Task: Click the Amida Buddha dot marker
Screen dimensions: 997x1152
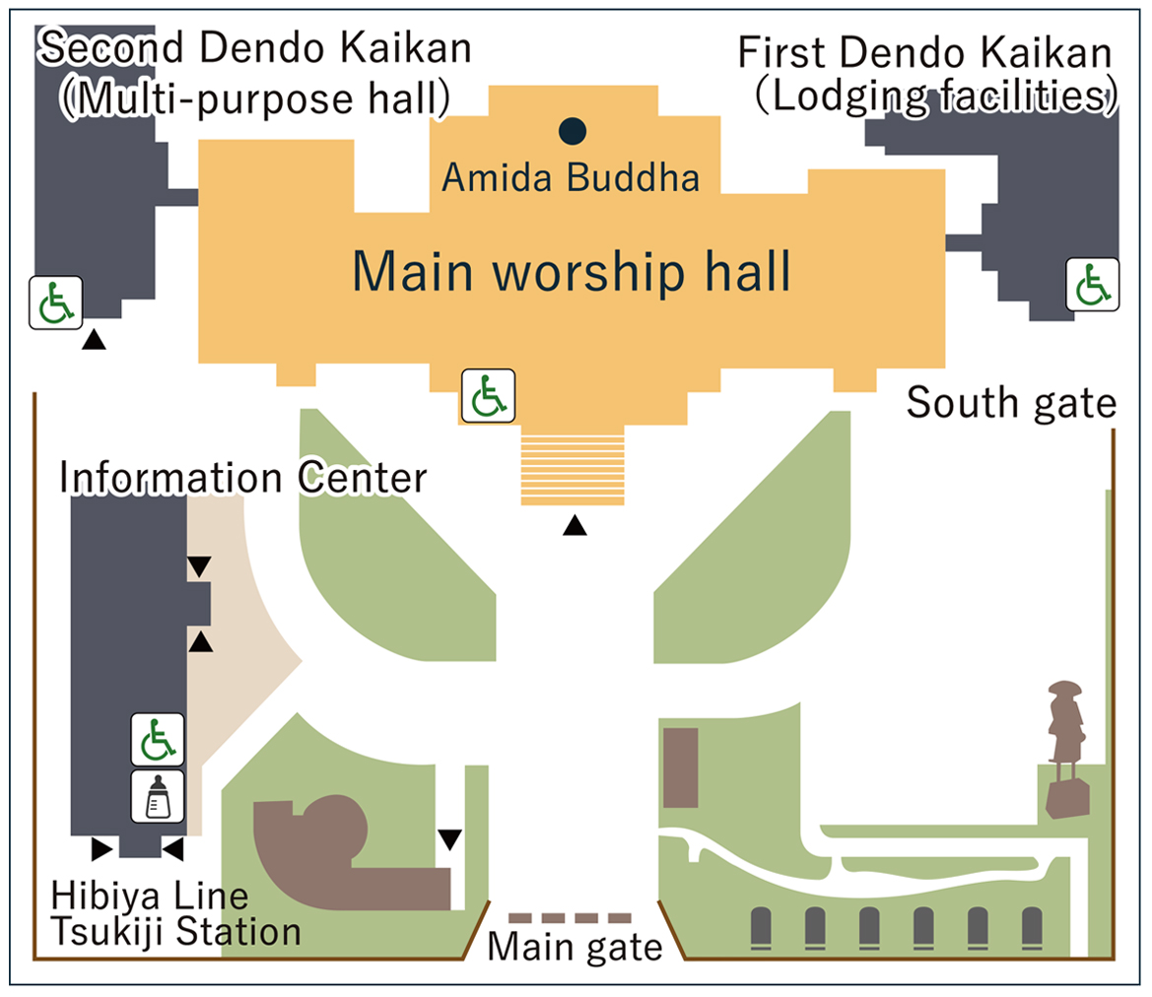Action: (573, 129)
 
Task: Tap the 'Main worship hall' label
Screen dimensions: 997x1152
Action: (572, 272)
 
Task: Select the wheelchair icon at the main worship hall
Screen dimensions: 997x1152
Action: (488, 396)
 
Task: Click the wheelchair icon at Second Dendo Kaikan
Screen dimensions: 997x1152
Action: (55, 303)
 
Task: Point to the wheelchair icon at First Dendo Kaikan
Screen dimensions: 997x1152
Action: (1092, 285)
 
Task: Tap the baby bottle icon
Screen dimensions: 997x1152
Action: (158, 796)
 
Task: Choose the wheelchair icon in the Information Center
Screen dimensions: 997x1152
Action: (158, 739)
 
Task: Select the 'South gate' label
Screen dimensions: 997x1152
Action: (1011, 403)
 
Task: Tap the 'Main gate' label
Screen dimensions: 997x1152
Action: (576, 948)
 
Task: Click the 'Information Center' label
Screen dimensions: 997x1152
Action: (242, 478)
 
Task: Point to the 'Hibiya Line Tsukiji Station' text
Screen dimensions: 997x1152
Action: (175, 914)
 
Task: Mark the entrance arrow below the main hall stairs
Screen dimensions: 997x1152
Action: (575, 527)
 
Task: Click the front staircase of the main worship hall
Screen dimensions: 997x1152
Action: (573, 468)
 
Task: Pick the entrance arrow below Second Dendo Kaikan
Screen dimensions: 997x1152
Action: (94, 340)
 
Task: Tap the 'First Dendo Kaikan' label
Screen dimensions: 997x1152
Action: (926, 52)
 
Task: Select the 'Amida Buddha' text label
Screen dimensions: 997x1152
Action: (571, 178)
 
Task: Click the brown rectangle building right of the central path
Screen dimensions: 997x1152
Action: (681, 767)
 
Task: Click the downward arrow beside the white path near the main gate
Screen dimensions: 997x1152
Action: (450, 839)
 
